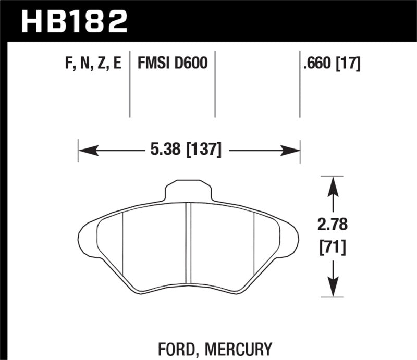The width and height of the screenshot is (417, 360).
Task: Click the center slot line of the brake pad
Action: click(189, 245)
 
